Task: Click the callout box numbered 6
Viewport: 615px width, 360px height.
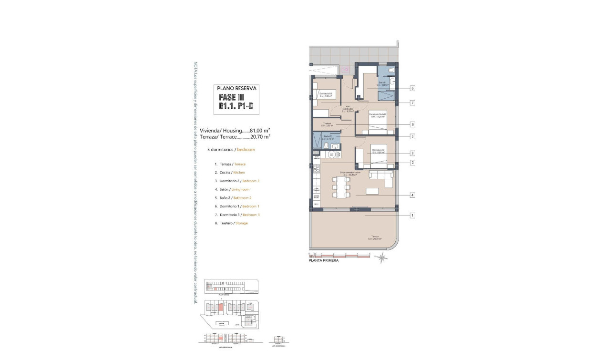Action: tap(412, 88)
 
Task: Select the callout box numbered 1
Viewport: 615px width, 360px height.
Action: tap(412, 216)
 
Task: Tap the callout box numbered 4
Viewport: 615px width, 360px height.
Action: tap(412, 195)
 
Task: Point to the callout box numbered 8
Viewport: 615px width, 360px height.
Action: tap(412, 124)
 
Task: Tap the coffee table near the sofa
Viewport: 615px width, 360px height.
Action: tap(373, 191)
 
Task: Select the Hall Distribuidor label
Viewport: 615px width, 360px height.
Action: tap(347, 109)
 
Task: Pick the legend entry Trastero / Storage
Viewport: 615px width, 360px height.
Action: tap(234, 223)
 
